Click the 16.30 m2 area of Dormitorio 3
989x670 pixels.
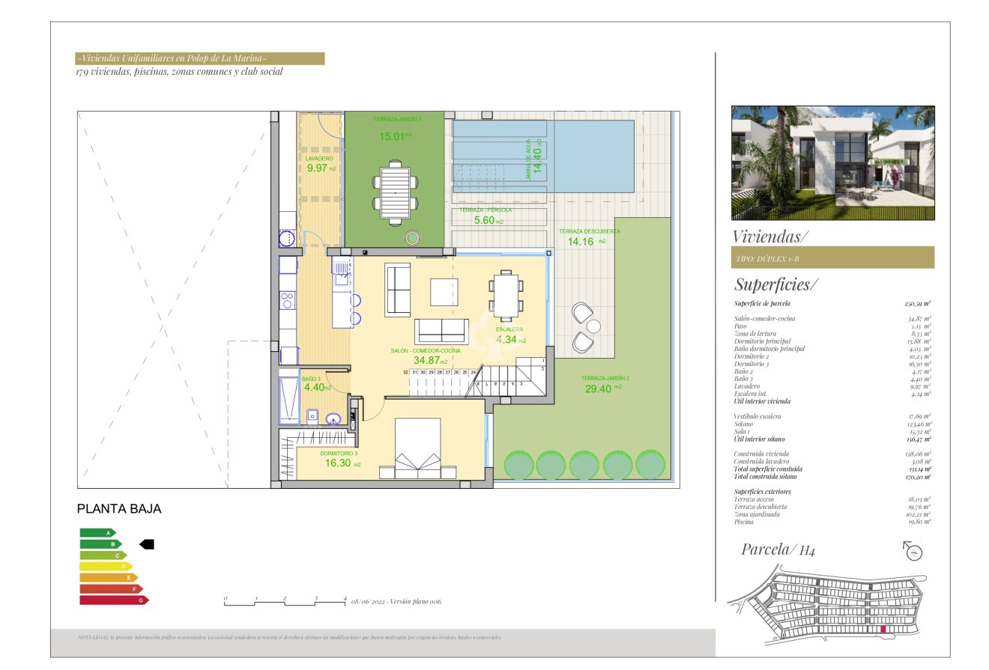[x=339, y=463]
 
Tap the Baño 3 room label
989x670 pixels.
[x=310, y=380]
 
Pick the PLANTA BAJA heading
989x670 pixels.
[x=119, y=509]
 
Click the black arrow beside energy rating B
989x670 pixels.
[x=147, y=544]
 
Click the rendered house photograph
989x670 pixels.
[x=832, y=162]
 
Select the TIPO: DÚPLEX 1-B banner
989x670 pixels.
[x=832, y=257]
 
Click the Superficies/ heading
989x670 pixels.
[x=776, y=284]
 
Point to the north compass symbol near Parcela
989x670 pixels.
[x=913, y=552]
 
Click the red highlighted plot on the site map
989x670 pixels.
[x=884, y=630]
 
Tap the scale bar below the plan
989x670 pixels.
[x=285, y=601]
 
